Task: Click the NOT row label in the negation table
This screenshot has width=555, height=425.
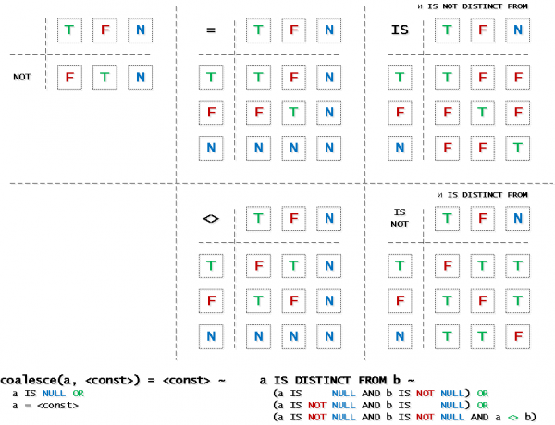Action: click(x=21, y=77)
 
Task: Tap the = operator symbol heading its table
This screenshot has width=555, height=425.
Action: click(x=210, y=30)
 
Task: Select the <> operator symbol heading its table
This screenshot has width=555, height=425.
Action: click(x=210, y=219)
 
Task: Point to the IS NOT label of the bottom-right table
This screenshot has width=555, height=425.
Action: click(x=399, y=219)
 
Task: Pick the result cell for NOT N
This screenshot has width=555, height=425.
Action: click(x=140, y=77)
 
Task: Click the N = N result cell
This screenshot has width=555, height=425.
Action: click(x=328, y=147)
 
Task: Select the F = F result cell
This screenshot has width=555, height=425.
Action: click(x=293, y=112)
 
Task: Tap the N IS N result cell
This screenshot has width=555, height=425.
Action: click(x=517, y=147)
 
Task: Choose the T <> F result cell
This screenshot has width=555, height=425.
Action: click(x=293, y=266)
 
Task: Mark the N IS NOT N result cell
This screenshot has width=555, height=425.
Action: click(x=517, y=335)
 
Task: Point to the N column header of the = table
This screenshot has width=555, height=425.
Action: click(x=328, y=30)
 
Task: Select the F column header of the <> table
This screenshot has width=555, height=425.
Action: click(x=293, y=219)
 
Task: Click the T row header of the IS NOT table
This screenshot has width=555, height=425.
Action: click(x=399, y=266)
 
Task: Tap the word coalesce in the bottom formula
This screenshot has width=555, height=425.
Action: click(x=28, y=380)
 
